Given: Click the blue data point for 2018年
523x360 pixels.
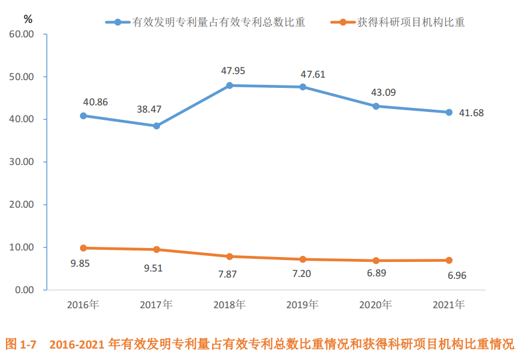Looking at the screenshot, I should pos(230,85).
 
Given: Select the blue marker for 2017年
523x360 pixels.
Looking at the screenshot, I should pos(157,126).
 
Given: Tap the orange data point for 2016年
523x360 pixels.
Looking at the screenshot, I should pos(83,247).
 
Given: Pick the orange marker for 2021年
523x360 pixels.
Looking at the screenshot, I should pos(449,260).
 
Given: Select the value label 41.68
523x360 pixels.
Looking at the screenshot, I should pos(472,113).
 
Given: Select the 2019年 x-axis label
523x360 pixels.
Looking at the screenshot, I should pos(302,305).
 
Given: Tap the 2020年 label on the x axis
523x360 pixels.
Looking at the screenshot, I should pos(375,305).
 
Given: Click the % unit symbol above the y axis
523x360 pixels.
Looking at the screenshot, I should pos(28,19).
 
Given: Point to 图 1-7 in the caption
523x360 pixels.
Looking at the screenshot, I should pos(21,345).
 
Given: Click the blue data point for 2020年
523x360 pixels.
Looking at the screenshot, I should pos(376,106).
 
